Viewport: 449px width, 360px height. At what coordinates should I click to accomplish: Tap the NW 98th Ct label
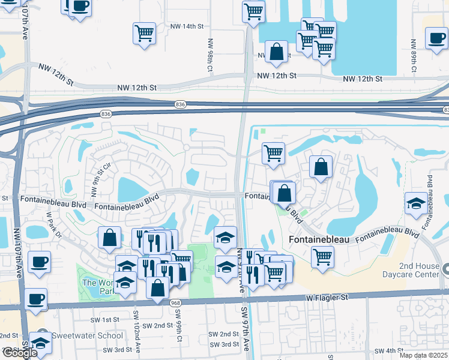click(x=210, y=56)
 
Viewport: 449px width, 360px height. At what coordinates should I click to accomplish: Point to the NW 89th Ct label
click(x=413, y=56)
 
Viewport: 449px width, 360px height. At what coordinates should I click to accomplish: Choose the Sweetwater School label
click(x=86, y=336)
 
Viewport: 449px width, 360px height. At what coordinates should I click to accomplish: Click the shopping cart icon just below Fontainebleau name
click(x=323, y=257)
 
